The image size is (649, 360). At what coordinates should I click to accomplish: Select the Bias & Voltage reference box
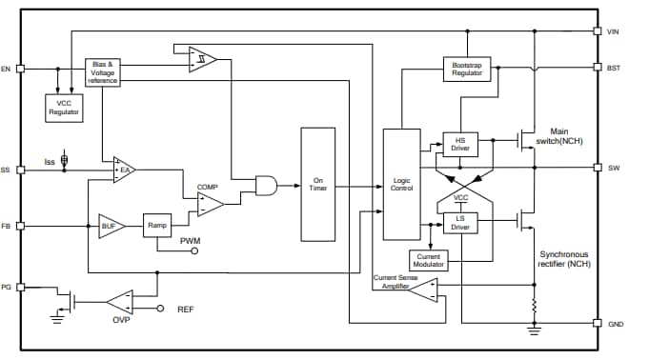[103, 72]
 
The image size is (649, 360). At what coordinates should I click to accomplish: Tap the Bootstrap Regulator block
[467, 68]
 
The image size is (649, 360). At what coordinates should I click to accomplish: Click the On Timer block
[318, 184]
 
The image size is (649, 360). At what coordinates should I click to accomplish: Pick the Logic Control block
[400, 184]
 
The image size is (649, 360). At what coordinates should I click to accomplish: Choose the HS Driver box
[460, 144]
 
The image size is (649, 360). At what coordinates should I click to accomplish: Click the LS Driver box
[460, 224]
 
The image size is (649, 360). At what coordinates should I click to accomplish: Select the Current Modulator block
[429, 260]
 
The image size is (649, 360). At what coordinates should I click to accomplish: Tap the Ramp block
[157, 226]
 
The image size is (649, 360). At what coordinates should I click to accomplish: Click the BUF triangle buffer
[110, 226]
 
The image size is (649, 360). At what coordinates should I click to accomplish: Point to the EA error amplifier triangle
[124, 170]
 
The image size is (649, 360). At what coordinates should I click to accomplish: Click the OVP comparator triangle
[119, 303]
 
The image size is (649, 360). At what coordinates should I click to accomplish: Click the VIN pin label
[615, 31]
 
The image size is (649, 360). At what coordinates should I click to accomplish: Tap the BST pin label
[615, 68]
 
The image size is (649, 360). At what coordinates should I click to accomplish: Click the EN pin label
[7, 69]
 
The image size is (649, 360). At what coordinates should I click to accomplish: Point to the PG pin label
[7, 285]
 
